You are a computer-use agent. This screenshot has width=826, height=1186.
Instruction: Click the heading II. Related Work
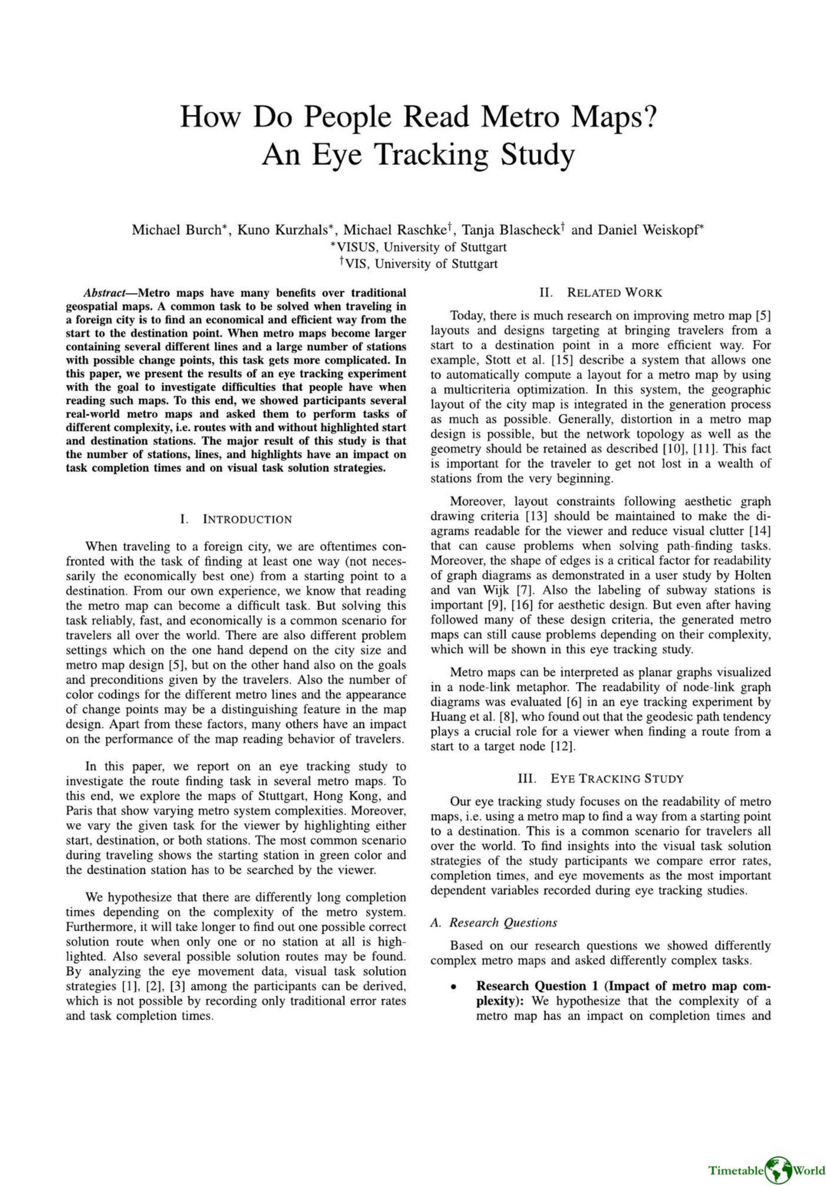coord(600,293)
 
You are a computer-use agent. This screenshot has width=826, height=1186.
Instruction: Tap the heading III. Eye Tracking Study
coord(600,778)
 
